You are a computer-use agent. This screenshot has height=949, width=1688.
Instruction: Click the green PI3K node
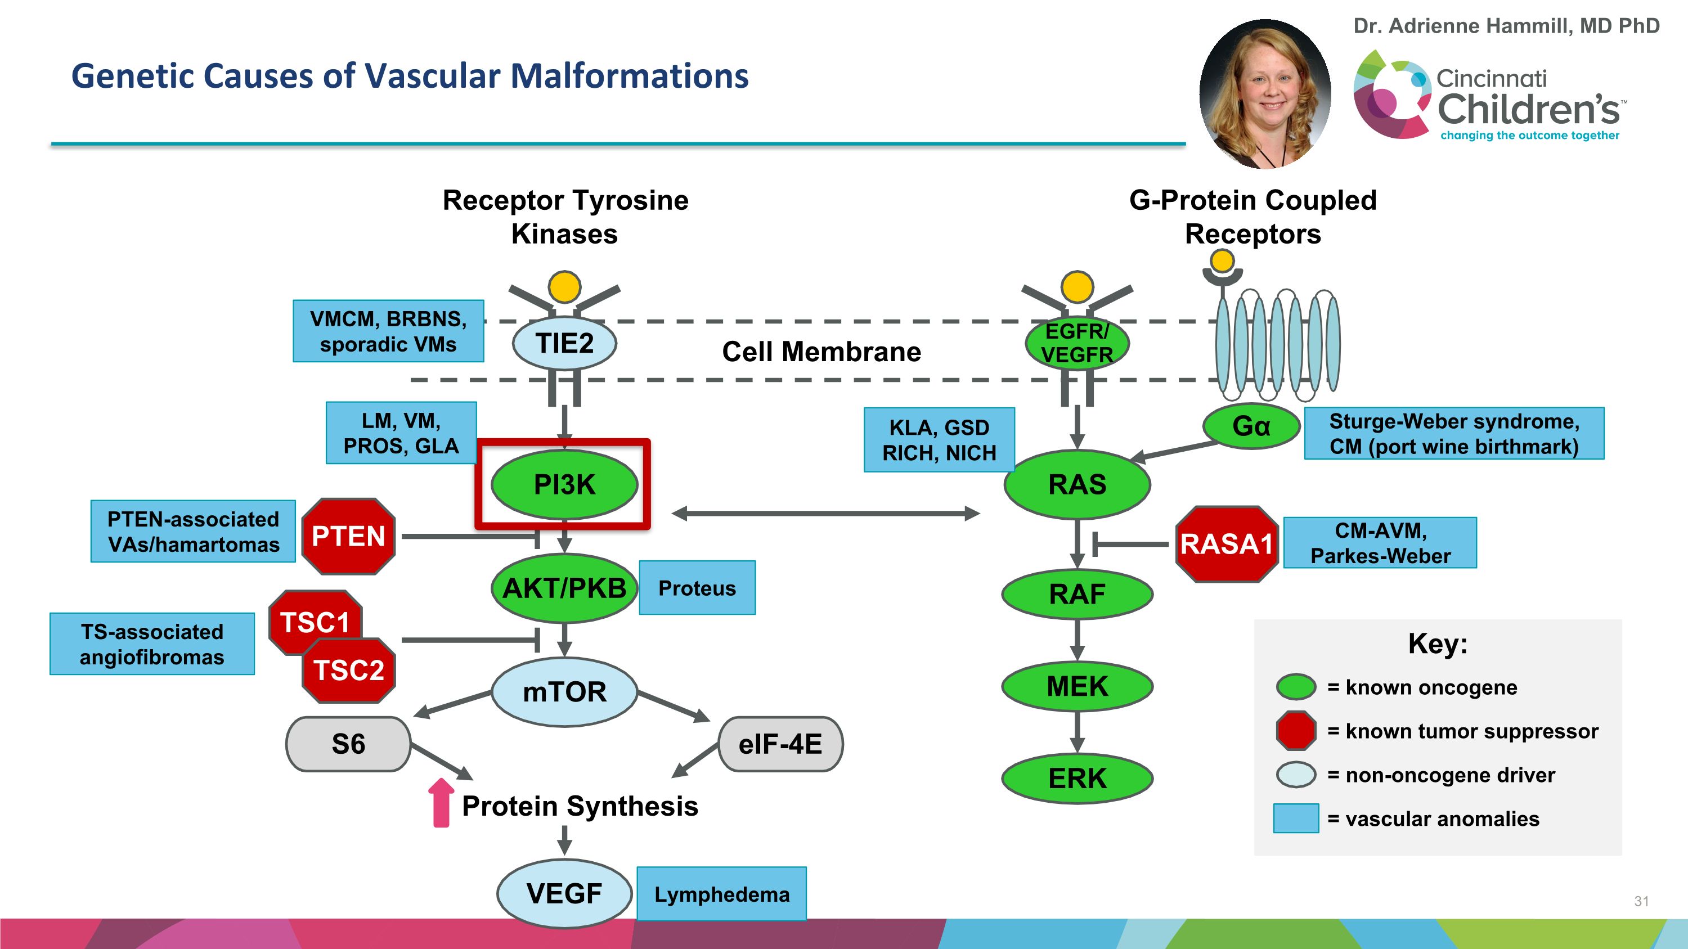pos(564,485)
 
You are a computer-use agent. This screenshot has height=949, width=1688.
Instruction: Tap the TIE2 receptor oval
pos(564,343)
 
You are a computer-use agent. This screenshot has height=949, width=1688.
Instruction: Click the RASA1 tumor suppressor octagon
pos(1227,543)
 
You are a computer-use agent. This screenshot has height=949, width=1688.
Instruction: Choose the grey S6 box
pos(348,744)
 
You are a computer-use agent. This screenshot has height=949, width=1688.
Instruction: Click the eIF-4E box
pos(780,744)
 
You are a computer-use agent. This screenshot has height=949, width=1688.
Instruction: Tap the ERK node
pos(1078,779)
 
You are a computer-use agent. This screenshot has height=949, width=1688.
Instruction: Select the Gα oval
pos(1251,426)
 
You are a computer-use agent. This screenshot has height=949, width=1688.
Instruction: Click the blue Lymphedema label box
pos(721,894)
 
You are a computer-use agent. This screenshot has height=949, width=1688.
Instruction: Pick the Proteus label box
pos(697,588)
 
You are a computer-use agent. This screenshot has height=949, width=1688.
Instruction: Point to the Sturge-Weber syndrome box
pos(1454,434)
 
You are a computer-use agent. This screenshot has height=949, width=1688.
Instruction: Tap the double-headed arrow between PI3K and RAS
pos(825,514)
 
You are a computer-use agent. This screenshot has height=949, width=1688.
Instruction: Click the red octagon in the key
pos(1295,730)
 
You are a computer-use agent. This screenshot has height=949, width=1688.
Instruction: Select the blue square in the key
pos(1295,818)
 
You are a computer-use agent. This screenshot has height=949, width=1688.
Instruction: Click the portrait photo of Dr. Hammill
pos(1265,93)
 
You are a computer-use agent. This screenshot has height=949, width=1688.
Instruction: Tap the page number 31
pos(1641,901)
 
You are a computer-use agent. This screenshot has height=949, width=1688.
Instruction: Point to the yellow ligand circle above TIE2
pos(564,287)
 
